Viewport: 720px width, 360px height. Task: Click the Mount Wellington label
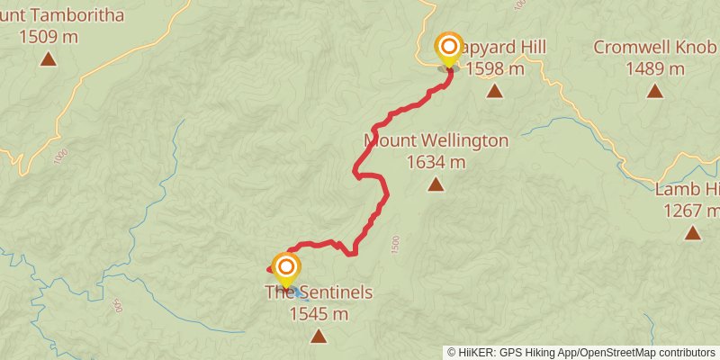pyautogui.click(x=436, y=141)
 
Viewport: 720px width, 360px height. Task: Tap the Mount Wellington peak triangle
pyautogui.click(x=436, y=184)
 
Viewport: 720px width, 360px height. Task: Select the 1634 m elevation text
pyautogui.click(x=436, y=163)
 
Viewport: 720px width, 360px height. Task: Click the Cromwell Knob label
pyautogui.click(x=654, y=47)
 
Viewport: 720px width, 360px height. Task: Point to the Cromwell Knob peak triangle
pyautogui.click(x=654, y=90)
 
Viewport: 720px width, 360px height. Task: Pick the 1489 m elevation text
pyautogui.click(x=654, y=68)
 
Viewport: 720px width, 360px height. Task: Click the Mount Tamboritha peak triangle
pyautogui.click(x=48, y=59)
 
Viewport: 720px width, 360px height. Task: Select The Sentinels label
pyautogui.click(x=319, y=292)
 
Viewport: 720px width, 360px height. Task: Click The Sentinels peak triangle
pyautogui.click(x=319, y=336)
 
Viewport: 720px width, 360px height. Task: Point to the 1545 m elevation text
pyautogui.click(x=319, y=314)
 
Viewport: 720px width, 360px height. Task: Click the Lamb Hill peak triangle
pyautogui.click(x=692, y=232)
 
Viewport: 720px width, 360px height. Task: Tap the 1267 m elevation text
pyautogui.click(x=691, y=211)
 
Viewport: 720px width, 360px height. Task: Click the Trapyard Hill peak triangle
pyautogui.click(x=494, y=90)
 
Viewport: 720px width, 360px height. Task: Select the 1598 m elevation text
pyautogui.click(x=495, y=68)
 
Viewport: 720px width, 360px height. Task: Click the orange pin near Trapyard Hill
pyautogui.click(x=448, y=48)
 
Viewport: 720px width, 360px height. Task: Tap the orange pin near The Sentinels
pyautogui.click(x=285, y=268)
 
